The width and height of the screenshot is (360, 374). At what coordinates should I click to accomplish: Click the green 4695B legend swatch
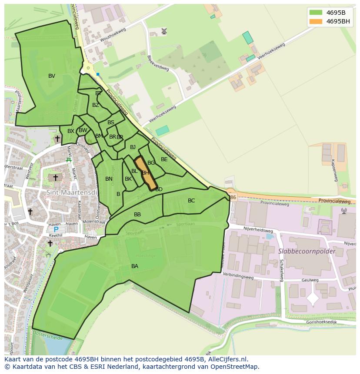tap(316, 13)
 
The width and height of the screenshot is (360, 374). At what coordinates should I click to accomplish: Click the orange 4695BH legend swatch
tap(316, 21)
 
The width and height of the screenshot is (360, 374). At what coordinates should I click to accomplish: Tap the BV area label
tap(52, 76)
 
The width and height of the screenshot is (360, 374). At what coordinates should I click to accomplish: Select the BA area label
tap(135, 266)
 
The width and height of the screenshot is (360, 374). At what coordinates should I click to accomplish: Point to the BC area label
tap(191, 200)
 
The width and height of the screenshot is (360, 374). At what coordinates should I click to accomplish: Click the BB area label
tap(137, 215)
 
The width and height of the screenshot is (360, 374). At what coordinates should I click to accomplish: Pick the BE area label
tap(164, 159)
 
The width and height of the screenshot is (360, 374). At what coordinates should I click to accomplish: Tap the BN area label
tap(109, 179)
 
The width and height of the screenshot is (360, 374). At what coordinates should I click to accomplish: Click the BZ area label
tap(96, 105)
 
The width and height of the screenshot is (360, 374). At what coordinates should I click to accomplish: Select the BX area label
tap(70, 131)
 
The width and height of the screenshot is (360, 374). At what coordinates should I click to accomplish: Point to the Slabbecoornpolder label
tap(307, 251)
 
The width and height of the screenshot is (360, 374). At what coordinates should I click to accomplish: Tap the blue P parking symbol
tap(56, 229)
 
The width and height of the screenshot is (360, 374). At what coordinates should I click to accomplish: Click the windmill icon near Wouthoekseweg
tap(164, 31)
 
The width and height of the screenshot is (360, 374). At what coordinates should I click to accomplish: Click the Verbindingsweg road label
tap(238, 275)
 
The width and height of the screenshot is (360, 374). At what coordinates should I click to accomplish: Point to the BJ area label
tap(133, 147)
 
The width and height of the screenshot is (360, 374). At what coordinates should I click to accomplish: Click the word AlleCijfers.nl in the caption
tap(228, 359)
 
